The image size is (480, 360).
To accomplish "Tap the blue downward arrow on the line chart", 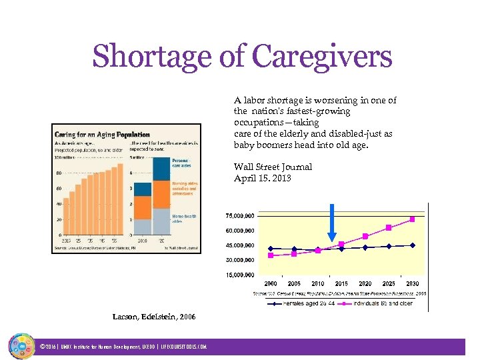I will (331, 227).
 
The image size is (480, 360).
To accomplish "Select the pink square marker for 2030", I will (413, 219).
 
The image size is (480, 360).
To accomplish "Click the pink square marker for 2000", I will (270, 255).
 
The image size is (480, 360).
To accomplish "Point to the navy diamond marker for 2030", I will (413, 245).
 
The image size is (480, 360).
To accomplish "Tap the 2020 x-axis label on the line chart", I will (365, 283).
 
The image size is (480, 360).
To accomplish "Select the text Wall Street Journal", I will (273, 167).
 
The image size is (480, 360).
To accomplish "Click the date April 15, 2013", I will (262, 178).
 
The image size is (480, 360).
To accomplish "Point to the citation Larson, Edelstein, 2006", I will (154, 317).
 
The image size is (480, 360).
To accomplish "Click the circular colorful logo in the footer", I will (21, 346).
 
